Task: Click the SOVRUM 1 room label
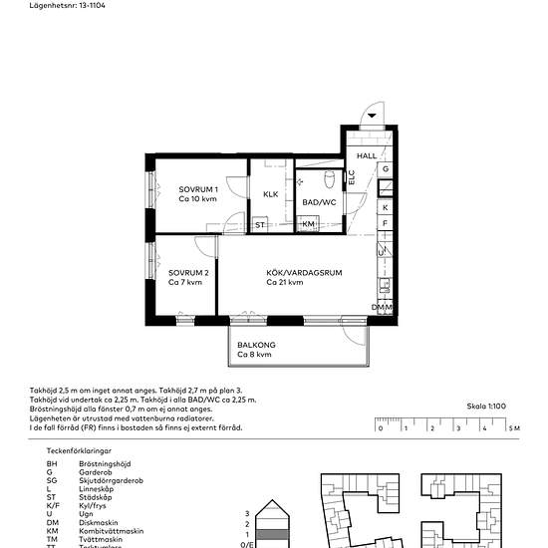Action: click(x=198, y=189)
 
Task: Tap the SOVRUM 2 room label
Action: click(x=187, y=273)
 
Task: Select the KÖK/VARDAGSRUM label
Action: click(x=304, y=272)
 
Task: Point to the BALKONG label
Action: click(x=256, y=345)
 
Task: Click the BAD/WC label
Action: click(x=318, y=203)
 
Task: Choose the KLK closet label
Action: click(x=270, y=194)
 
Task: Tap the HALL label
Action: click(x=368, y=156)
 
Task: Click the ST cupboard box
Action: click(x=260, y=225)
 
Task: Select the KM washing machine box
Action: click(x=309, y=225)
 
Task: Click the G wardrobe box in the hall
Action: click(x=386, y=169)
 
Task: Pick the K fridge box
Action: click(x=386, y=207)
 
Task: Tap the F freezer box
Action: click(x=386, y=225)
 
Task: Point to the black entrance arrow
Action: click(x=372, y=117)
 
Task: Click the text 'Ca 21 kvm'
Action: click(x=285, y=283)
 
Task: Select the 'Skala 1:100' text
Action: click(x=487, y=407)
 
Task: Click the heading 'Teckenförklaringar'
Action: click(x=82, y=451)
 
